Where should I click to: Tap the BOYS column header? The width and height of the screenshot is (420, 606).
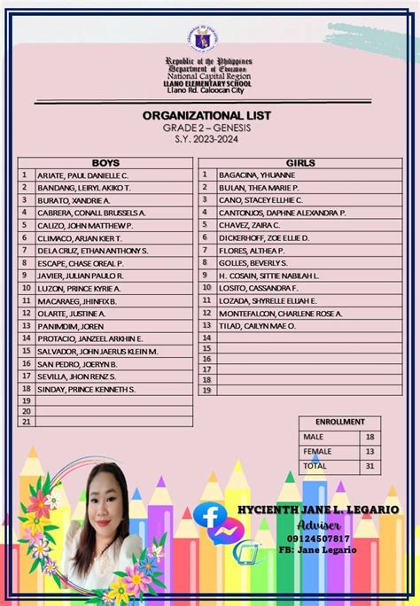[105, 163]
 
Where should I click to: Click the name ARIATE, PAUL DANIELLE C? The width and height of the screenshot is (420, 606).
[82, 175]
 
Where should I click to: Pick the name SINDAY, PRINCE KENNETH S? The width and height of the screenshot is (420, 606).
[86, 389]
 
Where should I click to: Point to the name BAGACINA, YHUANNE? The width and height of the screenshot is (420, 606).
[256, 175]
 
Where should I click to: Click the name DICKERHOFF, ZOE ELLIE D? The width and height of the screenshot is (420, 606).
[263, 238]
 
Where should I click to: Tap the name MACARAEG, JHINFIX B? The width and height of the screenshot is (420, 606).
[76, 301]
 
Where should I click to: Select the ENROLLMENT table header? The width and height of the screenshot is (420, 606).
[339, 423]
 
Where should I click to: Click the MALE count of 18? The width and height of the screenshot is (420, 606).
[369, 437]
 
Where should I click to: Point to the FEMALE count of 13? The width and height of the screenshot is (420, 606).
[369, 451]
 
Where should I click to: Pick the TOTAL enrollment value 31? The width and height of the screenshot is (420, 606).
[369, 465]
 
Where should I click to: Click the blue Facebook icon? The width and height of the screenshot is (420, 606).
[209, 517]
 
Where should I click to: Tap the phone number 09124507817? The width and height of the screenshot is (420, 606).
[318, 538]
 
